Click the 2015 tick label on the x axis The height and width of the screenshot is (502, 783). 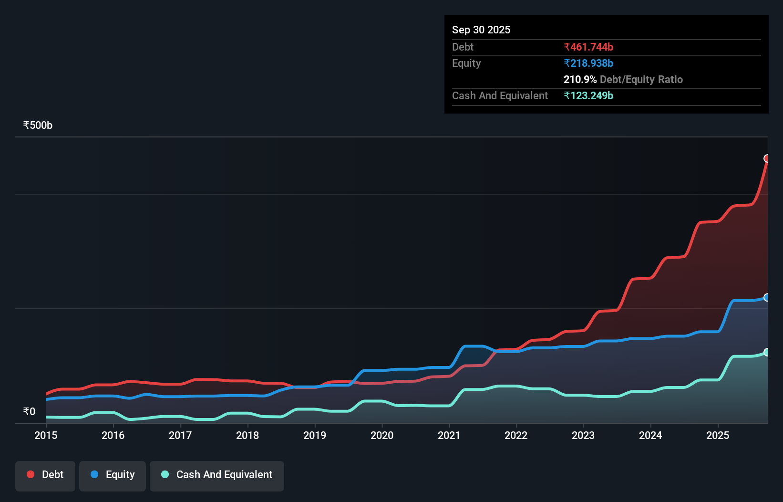click(x=46, y=435)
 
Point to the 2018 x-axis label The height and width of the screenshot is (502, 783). click(x=247, y=435)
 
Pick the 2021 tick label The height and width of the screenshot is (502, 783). click(x=449, y=435)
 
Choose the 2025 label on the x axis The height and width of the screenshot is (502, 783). click(x=718, y=435)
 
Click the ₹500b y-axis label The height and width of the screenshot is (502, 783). click(x=38, y=125)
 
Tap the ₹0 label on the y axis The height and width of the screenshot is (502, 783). click(x=29, y=411)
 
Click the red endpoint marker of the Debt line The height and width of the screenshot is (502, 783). click(x=767, y=158)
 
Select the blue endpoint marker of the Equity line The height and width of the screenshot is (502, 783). click(x=767, y=297)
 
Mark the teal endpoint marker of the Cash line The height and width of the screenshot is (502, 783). click(x=767, y=352)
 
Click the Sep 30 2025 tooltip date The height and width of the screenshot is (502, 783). click(x=481, y=30)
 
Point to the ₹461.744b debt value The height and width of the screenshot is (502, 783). click(x=588, y=47)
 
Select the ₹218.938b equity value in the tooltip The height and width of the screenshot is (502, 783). click(x=588, y=63)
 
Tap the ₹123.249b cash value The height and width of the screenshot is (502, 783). click(x=588, y=95)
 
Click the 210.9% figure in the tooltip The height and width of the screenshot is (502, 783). click(x=580, y=79)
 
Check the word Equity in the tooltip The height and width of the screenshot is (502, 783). click(x=466, y=63)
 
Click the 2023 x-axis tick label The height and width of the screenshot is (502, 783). click(x=583, y=435)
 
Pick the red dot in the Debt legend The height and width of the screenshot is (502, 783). click(x=31, y=474)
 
